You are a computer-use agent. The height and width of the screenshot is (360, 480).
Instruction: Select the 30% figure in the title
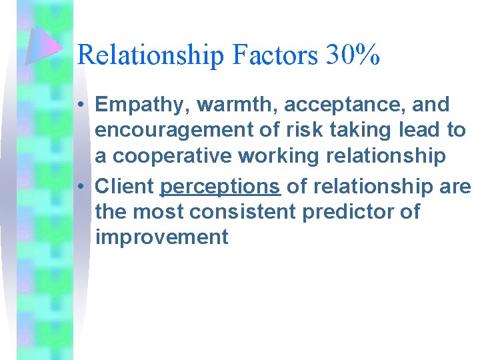coord(353,55)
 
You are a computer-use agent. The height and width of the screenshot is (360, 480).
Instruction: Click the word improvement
coord(162,237)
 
